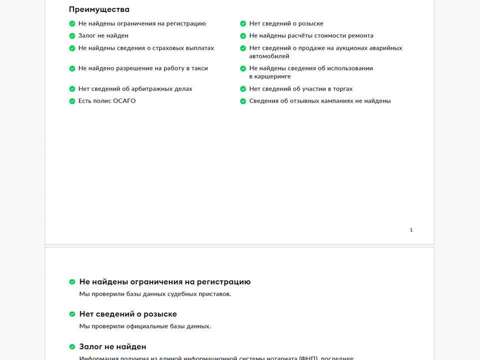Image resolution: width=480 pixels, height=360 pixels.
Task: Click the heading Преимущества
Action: coord(99,9)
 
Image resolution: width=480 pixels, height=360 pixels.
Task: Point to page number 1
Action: coord(411,230)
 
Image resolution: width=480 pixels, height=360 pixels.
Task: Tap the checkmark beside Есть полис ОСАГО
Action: coord(72,101)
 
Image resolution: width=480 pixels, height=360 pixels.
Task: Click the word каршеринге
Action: coord(270,76)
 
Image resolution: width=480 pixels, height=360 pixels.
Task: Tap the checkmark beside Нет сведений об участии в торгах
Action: coord(243,89)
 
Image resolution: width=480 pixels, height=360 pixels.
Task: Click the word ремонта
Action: coord(361,36)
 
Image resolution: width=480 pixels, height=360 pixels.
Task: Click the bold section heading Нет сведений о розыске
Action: coord(128,314)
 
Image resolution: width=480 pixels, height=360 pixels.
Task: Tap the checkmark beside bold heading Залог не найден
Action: coord(72,347)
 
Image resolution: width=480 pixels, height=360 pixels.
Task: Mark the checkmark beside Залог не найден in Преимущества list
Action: coord(72,36)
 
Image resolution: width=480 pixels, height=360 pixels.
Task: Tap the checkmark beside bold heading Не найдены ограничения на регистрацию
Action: coord(72,282)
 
